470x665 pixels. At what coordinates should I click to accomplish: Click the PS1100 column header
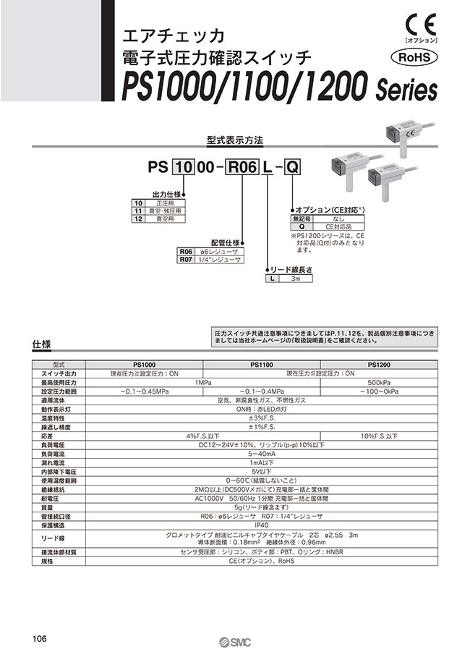(261, 364)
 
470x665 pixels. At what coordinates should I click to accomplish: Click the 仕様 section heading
(41, 344)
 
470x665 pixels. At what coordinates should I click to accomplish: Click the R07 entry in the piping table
(185, 258)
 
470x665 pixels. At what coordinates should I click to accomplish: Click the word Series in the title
(407, 93)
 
